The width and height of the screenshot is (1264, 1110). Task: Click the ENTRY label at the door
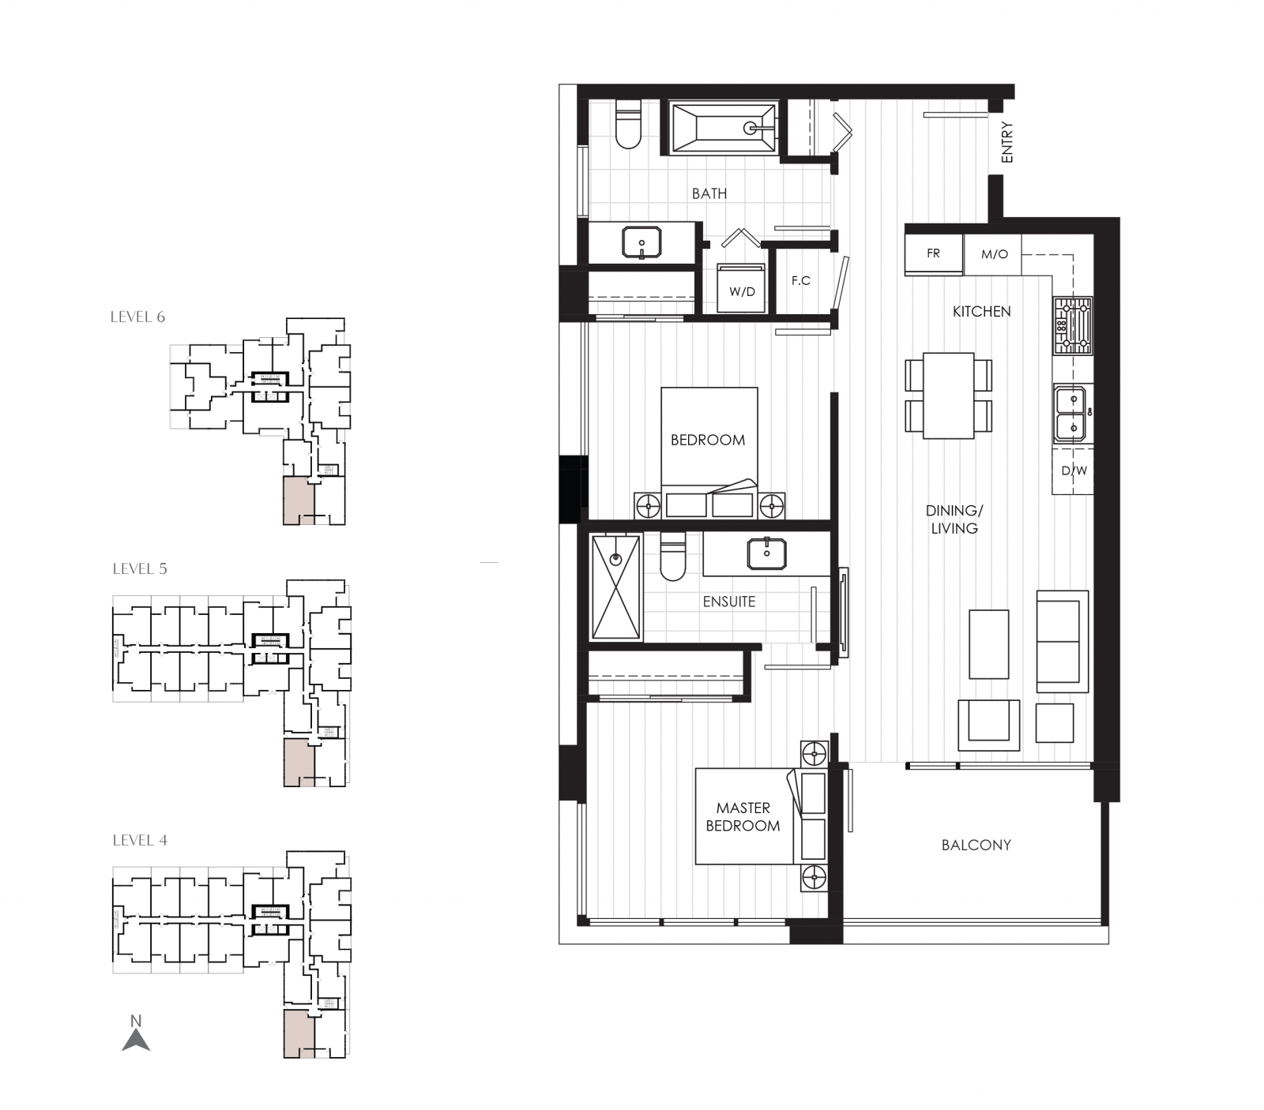[x=1006, y=143]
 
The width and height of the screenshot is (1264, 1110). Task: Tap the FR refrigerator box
[x=933, y=253]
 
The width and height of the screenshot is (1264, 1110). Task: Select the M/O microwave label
[x=994, y=254]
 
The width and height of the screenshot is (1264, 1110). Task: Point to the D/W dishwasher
[x=1073, y=471]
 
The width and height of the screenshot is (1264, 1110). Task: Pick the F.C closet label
[x=800, y=280]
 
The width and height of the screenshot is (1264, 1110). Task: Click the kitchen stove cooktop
[x=1072, y=326]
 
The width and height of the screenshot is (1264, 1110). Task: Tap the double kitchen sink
[x=1071, y=414]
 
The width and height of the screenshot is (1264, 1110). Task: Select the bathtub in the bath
[x=722, y=128]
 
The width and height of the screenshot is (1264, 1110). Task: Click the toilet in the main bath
[x=628, y=126]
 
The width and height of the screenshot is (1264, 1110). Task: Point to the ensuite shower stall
[x=616, y=587]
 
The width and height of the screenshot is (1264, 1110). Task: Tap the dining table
[x=948, y=396]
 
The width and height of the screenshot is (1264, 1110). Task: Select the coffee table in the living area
[x=988, y=644]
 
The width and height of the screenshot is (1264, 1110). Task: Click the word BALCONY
[x=976, y=845]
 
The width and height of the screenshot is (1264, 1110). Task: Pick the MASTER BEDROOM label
[x=743, y=817]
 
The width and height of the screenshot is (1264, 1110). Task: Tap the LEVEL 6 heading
[x=137, y=317]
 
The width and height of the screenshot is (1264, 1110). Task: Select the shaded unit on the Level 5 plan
[x=299, y=762]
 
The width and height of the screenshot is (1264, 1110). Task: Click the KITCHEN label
[x=981, y=312]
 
